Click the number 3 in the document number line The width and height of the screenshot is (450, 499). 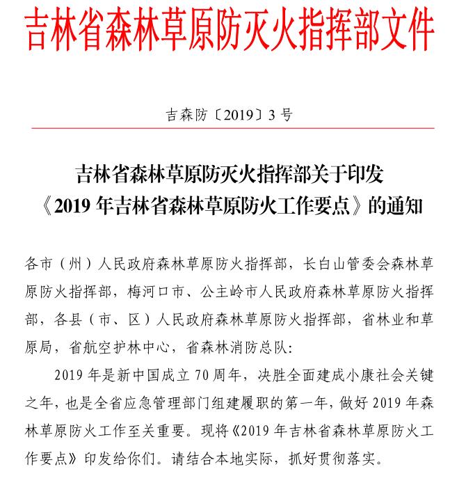pyautogui.click(x=272, y=116)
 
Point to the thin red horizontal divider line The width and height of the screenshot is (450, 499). pyautogui.click(x=230, y=128)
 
